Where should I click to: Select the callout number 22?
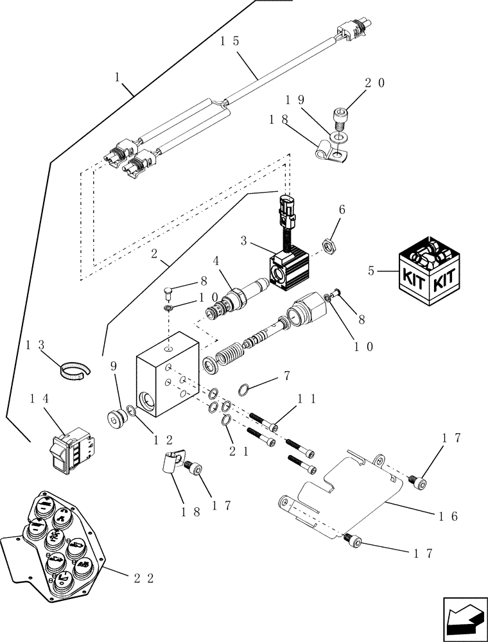coord(143,578)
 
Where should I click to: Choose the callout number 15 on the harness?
coord(228,40)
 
